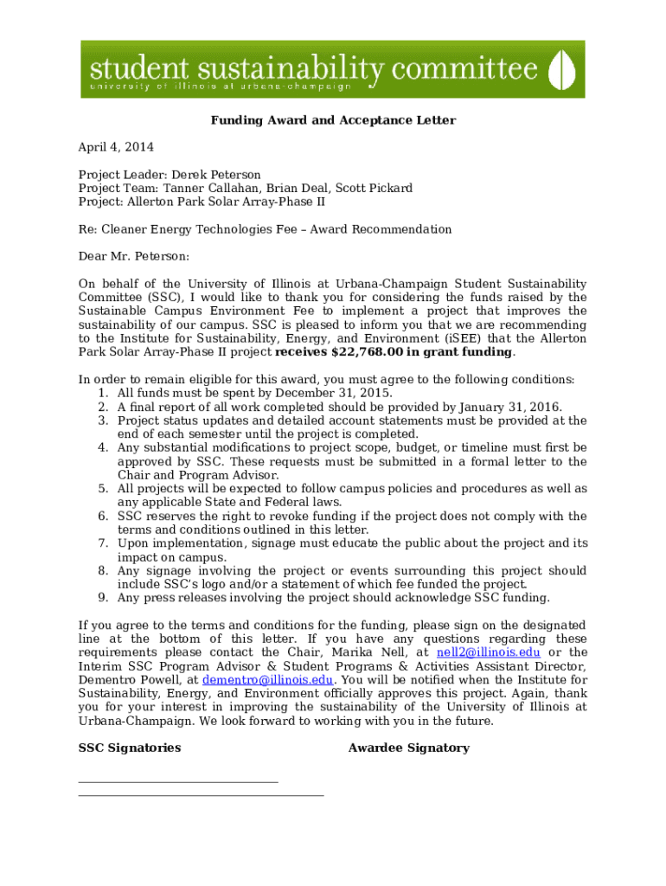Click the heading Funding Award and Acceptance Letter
[333, 120]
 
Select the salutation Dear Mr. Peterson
[133, 256]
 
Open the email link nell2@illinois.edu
[489, 652]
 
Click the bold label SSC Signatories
[130, 748]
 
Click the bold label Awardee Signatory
[408, 748]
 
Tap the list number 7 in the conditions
[102, 543]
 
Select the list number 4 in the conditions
[102, 448]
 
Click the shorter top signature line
[178, 782]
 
